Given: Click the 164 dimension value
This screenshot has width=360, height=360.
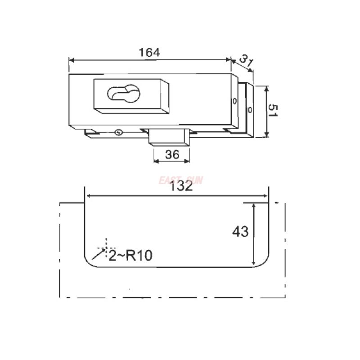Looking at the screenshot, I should pos(149,52).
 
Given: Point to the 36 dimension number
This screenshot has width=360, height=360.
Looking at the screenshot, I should pos(172,154).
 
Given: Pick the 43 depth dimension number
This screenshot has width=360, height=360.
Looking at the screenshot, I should pos(240,232).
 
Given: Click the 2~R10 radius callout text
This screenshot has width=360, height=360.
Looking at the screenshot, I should pos(130,256).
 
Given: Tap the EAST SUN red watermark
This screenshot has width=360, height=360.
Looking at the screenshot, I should pos(181,180).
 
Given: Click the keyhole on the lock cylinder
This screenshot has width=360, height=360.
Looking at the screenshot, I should pos(124,93).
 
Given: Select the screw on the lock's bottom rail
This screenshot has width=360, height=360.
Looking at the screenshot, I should pos(118,132).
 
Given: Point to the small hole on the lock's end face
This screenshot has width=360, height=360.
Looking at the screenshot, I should pos(234,101).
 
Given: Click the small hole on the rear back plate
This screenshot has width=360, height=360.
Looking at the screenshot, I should pos(251,109).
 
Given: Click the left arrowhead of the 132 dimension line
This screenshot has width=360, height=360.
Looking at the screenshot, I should pos(89,196).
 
